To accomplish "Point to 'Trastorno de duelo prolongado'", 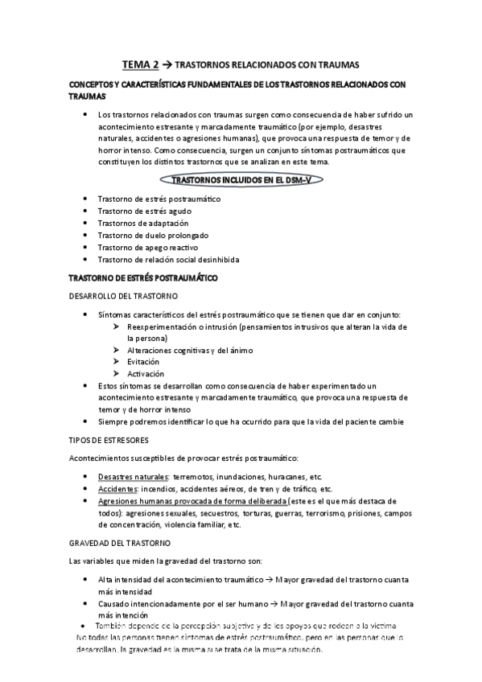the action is coord(152,235).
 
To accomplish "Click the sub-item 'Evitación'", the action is coord(144,362).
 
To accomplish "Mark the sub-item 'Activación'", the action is coord(146,374).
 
